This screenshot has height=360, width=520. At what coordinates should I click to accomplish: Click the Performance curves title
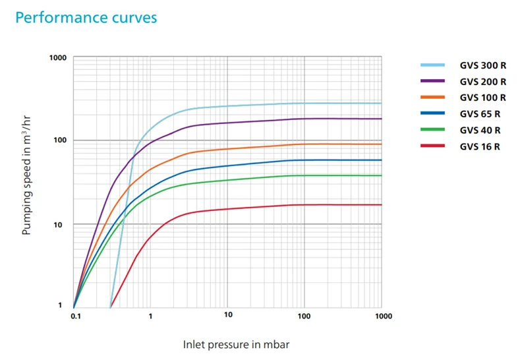tap(86, 17)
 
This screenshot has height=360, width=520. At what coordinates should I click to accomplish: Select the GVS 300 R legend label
tap(483, 66)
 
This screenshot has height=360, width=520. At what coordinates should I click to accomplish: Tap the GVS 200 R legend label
tap(483, 82)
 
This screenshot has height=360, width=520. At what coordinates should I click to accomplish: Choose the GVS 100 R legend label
tap(483, 98)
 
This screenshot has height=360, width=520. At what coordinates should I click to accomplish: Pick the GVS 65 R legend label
tap(480, 114)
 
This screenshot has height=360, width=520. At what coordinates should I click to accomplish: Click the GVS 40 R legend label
tap(480, 131)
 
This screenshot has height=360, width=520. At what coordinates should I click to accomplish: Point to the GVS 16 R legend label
tap(480, 146)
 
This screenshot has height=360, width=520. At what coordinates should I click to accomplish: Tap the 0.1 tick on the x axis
tap(74, 316)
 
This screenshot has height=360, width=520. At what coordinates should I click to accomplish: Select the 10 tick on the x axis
tap(227, 316)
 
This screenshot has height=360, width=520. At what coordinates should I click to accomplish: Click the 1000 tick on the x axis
tap(382, 316)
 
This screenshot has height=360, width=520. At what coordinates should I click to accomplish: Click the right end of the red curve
tap(381, 204)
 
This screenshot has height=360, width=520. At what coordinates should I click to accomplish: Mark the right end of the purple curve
tap(381, 119)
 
